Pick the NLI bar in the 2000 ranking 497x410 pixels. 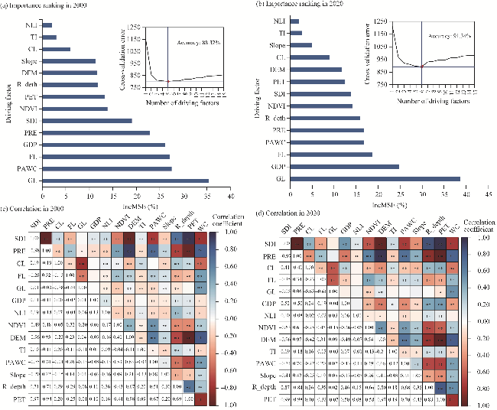pos(47,25)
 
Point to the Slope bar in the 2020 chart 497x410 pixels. pos(300,45)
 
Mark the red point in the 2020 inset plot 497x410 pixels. pos(422,67)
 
